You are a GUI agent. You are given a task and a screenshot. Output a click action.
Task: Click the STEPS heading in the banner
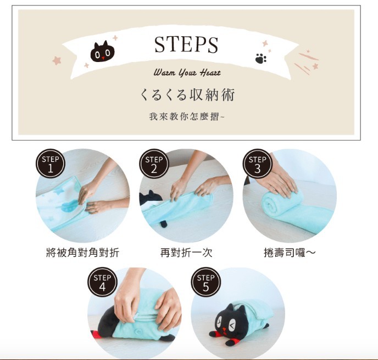click(186, 44)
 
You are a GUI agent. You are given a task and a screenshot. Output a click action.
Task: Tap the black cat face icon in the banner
click(103, 53)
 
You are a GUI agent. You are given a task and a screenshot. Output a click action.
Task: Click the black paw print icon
click(260, 58)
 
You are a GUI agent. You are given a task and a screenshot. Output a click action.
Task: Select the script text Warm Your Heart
click(187, 72)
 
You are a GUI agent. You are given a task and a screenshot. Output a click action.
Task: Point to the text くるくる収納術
click(187, 95)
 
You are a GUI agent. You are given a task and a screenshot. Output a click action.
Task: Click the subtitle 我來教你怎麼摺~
click(187, 117)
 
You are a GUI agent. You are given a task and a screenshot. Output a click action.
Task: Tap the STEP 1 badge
click(51, 164)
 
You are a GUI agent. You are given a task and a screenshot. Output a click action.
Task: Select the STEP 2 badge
click(154, 164)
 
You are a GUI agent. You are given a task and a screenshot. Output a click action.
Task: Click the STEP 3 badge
click(257, 164)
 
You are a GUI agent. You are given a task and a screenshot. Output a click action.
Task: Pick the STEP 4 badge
click(102, 282)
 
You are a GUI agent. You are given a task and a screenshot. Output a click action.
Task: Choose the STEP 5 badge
click(205, 282)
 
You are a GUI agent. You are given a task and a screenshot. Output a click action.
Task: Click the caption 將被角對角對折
click(82, 253)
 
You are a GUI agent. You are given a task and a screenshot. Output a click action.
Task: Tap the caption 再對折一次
click(186, 253)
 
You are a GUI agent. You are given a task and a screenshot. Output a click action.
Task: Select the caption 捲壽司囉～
click(290, 253)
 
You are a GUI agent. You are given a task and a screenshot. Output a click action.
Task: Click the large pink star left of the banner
click(57, 60)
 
